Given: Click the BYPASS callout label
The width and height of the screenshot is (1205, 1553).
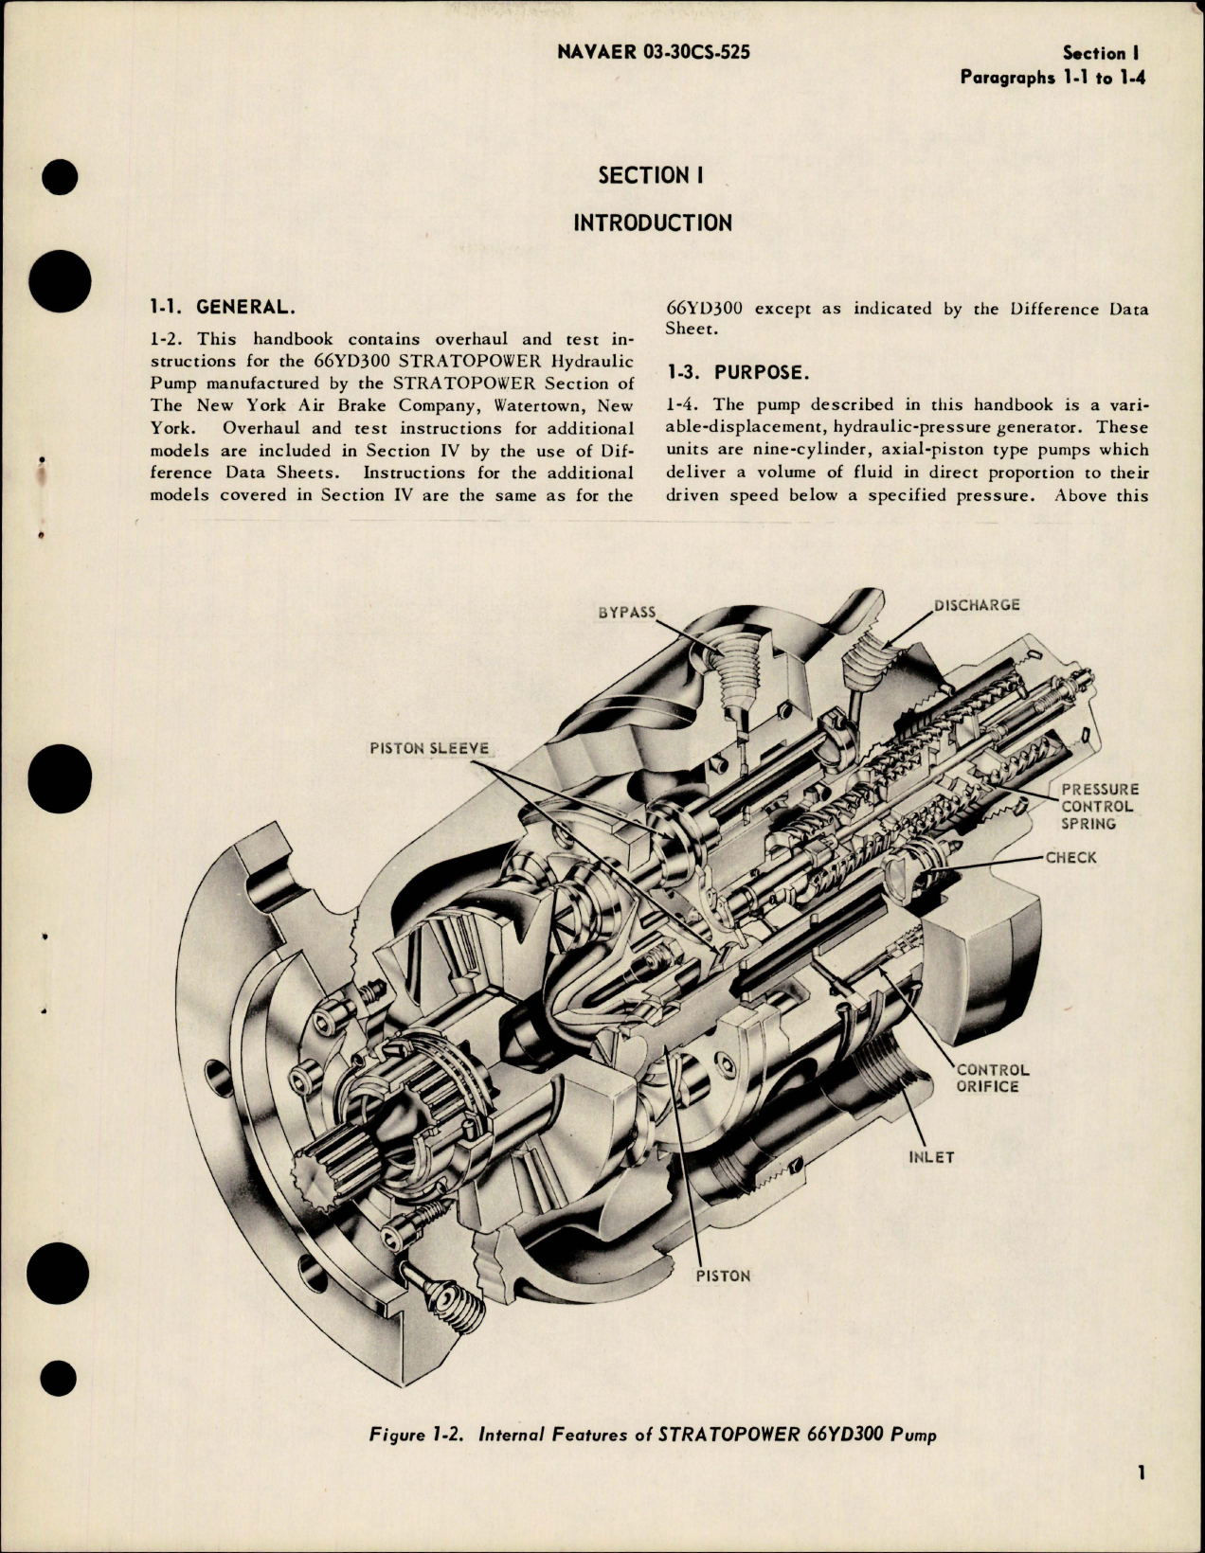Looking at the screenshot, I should click(627, 612).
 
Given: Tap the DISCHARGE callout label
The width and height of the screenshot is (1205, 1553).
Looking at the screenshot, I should click(976, 605).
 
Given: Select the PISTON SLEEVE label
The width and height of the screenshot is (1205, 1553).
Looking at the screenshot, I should click(429, 748).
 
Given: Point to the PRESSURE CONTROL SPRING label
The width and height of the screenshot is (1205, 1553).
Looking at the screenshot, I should click(1099, 806).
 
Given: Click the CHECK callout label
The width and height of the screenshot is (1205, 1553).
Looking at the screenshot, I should click(1070, 858).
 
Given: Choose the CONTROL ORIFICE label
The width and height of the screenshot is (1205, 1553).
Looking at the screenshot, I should click(992, 1078).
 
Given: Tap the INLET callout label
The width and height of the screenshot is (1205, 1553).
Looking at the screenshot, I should click(930, 1157).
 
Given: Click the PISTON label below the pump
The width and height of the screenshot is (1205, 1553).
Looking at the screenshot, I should click(723, 1276).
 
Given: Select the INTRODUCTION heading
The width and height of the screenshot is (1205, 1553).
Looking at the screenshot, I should click(652, 223).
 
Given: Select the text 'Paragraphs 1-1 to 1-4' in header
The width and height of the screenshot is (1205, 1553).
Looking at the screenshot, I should click(1052, 78).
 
